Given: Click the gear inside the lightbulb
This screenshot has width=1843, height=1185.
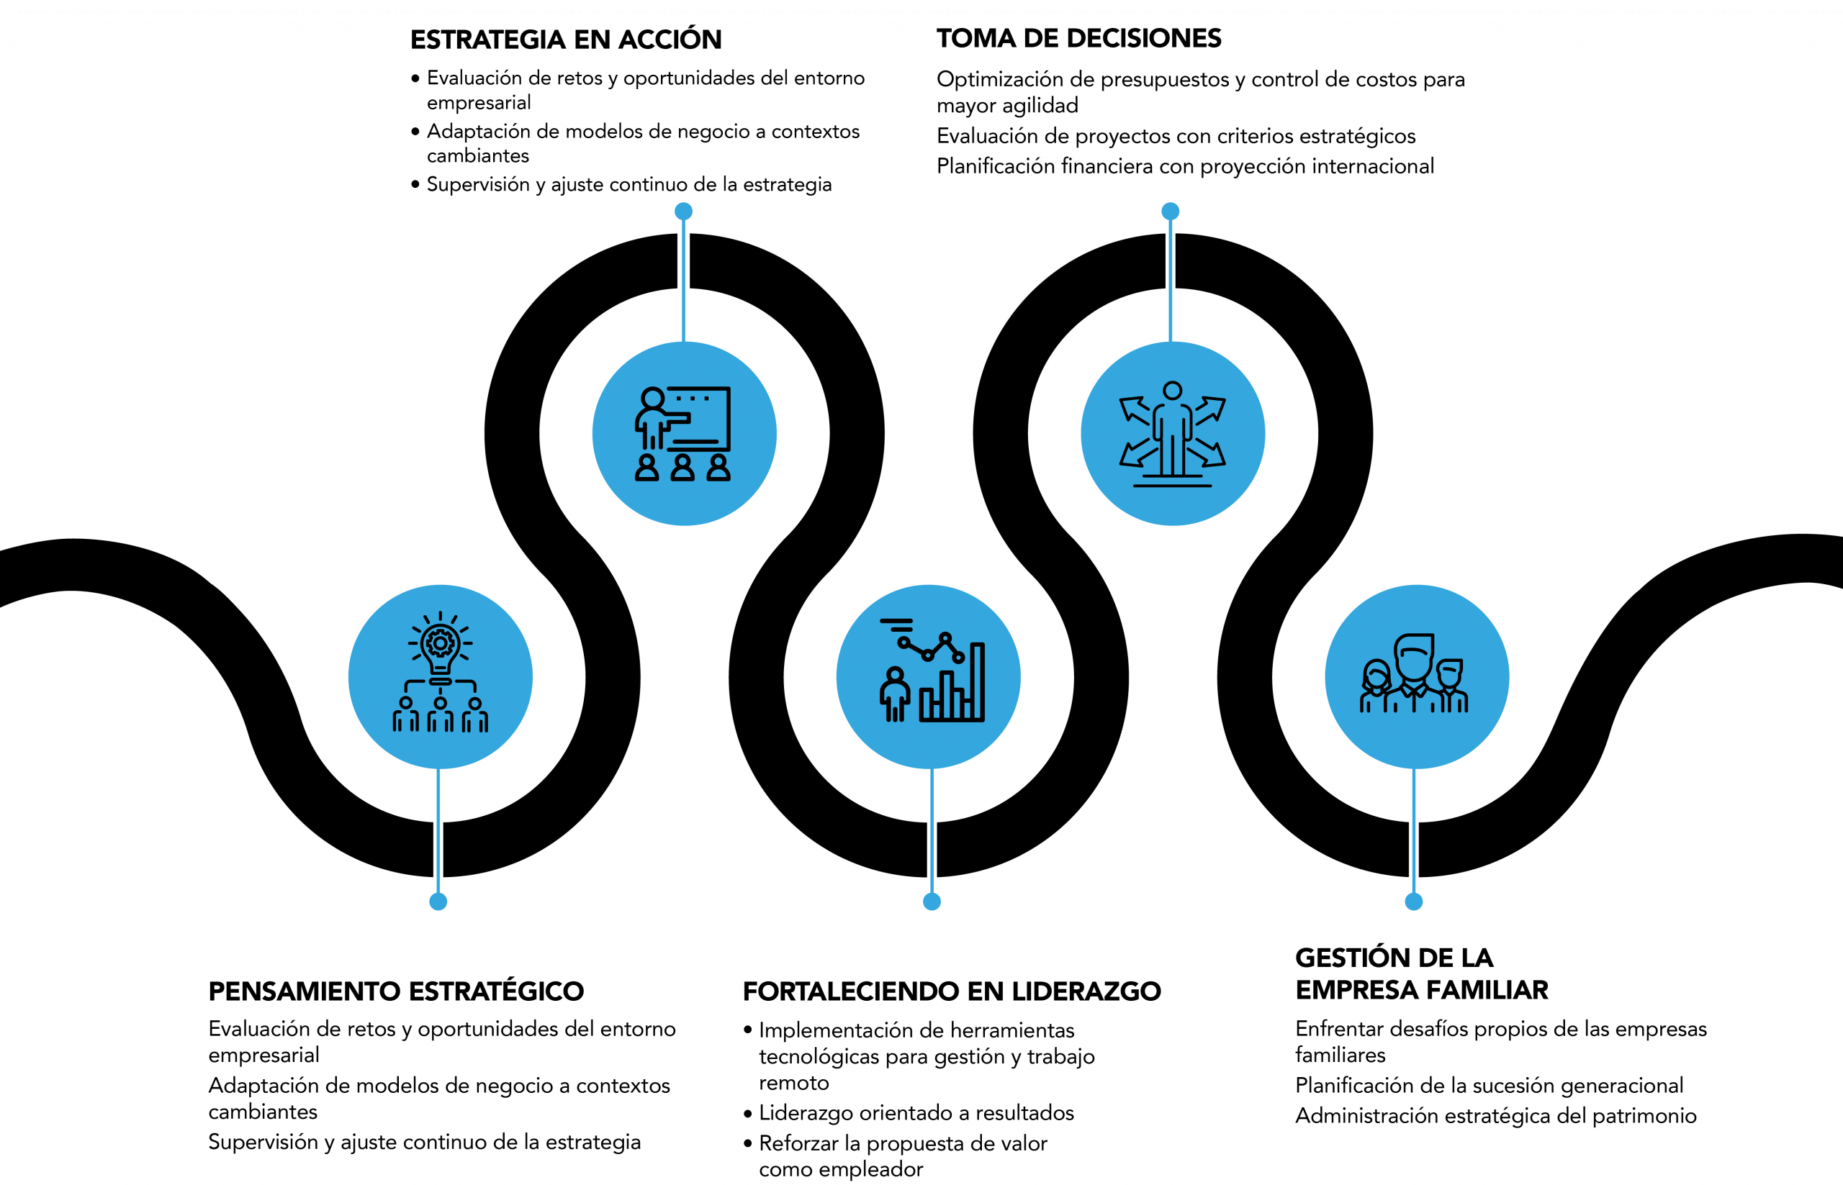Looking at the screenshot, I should pyautogui.click(x=440, y=643).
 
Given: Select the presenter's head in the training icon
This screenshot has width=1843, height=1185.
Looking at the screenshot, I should pyautogui.click(x=653, y=399).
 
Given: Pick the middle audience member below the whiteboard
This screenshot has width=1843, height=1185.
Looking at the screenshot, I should pyautogui.click(x=682, y=468).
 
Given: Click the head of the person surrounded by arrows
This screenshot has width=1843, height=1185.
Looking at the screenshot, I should pyautogui.click(x=1172, y=391).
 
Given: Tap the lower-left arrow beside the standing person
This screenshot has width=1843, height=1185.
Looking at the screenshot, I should pyautogui.click(x=1133, y=455).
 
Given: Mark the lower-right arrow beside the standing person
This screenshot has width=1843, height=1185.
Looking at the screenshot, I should pyautogui.click(x=1212, y=455).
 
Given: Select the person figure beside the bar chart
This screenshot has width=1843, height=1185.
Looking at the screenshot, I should pyautogui.click(x=895, y=694).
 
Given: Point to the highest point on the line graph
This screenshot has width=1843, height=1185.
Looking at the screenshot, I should pyautogui.click(x=945, y=637).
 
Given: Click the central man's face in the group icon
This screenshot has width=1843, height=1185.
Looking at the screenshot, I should pyautogui.click(x=1413, y=660).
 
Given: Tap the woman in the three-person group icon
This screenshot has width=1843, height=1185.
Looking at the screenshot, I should pyautogui.click(x=1376, y=686).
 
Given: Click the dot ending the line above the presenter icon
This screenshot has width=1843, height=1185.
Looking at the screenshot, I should pyautogui.click(x=684, y=211).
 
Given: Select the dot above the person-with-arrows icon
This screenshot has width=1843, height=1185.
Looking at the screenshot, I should pyautogui.click(x=1170, y=211).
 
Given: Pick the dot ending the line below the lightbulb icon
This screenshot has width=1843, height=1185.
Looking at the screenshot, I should pyautogui.click(x=438, y=901).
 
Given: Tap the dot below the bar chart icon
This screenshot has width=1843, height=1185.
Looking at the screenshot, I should pyautogui.click(x=932, y=901).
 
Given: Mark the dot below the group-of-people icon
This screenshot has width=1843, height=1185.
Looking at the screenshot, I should pyautogui.click(x=1413, y=901).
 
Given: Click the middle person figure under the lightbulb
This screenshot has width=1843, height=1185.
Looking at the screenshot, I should pyautogui.click(x=440, y=715).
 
